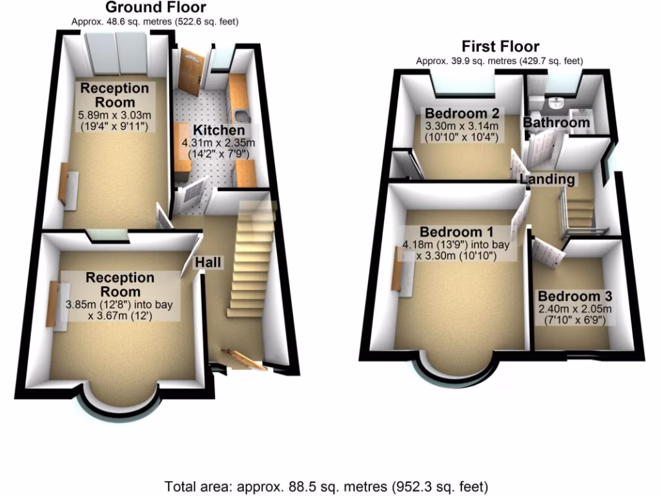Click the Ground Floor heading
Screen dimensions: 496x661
pyautogui.click(x=155, y=8)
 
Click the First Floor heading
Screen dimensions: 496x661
pyautogui.click(x=500, y=46)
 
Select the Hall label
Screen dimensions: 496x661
pyautogui.click(x=210, y=262)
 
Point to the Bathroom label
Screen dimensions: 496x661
pyautogui.click(x=556, y=122)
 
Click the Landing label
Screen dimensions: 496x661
pyautogui.click(x=549, y=179)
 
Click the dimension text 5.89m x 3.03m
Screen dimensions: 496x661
pyautogui.click(x=114, y=116)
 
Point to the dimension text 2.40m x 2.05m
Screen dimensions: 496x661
pyautogui.click(x=574, y=309)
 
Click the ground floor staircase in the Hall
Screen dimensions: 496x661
pyautogui.click(x=250, y=265)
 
